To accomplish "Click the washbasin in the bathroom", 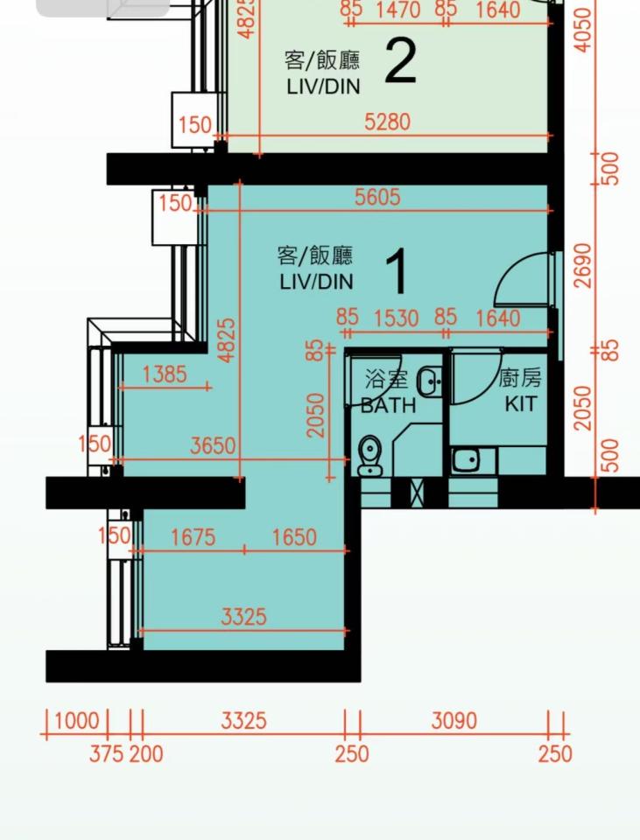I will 429,381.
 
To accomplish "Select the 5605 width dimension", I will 377,198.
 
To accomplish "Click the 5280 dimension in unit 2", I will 387,122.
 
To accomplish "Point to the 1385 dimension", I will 164,374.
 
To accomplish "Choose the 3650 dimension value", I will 213,446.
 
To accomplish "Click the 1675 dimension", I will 193,536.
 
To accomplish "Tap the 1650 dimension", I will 294,536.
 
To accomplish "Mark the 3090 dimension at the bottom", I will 454,721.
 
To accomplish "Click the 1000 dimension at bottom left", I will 77,721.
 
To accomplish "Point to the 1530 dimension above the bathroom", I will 396,318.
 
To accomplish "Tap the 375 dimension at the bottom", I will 106,752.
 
